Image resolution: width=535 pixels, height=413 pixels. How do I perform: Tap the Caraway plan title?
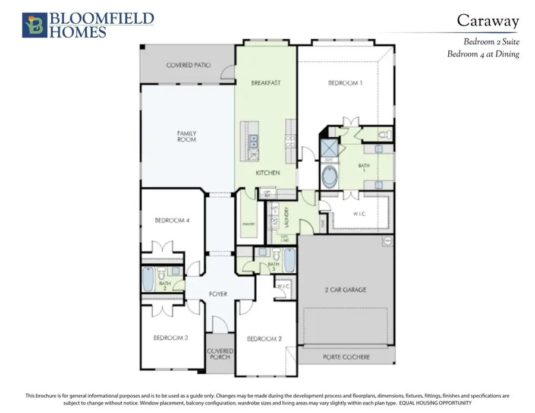click(487, 20)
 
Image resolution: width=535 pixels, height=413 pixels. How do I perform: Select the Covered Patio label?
click(188, 65)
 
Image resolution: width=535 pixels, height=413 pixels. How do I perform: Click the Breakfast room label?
click(266, 83)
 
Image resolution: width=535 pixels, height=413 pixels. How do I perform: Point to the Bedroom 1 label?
click(345, 83)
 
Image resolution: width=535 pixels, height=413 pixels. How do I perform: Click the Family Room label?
click(187, 136)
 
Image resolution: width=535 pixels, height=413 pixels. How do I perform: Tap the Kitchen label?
click(267, 172)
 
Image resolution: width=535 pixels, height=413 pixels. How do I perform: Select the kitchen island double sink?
click(253, 141)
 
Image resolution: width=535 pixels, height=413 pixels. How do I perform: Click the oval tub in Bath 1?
click(328, 176)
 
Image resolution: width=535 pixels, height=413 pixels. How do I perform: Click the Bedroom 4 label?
click(172, 220)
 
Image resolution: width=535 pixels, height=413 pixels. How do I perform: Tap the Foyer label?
click(218, 294)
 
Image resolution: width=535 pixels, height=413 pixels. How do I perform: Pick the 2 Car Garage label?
click(345, 290)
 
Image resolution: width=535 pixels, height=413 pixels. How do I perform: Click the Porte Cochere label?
click(347, 357)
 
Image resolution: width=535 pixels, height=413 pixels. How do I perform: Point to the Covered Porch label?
click(220, 355)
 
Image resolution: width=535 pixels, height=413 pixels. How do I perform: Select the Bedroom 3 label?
click(171, 338)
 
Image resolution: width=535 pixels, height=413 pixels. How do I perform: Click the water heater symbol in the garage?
click(388, 241)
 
